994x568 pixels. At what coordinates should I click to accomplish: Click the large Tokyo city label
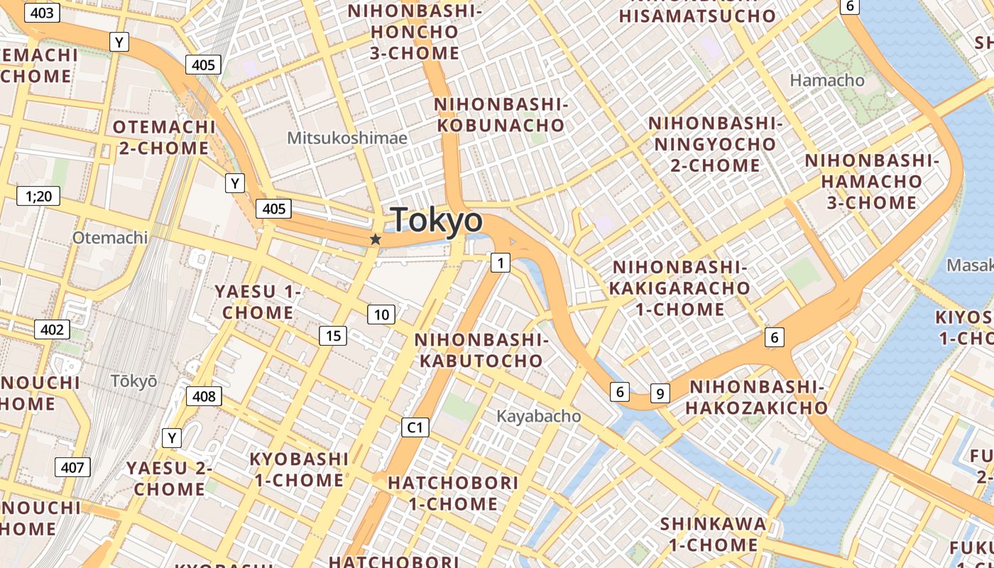(x=437, y=221)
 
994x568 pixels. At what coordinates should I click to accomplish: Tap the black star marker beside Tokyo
(x=376, y=240)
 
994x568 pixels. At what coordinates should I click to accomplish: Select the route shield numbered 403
(x=42, y=13)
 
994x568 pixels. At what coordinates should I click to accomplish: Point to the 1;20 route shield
(x=38, y=196)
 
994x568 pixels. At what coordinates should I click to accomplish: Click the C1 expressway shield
(x=415, y=427)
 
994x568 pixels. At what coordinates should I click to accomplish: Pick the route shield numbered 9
(x=660, y=393)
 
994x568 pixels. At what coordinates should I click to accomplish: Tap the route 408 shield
(x=204, y=396)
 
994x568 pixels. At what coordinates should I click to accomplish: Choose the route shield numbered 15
(x=333, y=336)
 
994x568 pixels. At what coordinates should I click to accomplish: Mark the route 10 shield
(x=381, y=315)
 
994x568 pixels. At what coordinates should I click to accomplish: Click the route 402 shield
(x=52, y=329)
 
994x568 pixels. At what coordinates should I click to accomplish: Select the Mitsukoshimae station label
(x=347, y=138)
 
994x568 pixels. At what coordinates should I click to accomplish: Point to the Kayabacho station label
(x=538, y=416)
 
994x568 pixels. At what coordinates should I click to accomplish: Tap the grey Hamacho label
(x=827, y=80)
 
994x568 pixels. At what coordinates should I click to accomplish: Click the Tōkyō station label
(x=133, y=381)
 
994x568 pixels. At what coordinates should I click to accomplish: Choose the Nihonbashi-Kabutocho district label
(x=481, y=350)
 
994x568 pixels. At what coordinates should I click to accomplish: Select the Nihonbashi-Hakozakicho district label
(x=756, y=398)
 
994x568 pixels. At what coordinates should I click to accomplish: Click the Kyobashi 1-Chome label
(x=299, y=469)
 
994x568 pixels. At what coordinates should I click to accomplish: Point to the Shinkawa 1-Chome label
(x=713, y=535)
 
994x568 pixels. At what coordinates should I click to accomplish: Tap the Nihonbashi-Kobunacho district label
(x=501, y=115)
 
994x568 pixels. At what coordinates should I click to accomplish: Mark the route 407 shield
(x=72, y=467)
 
